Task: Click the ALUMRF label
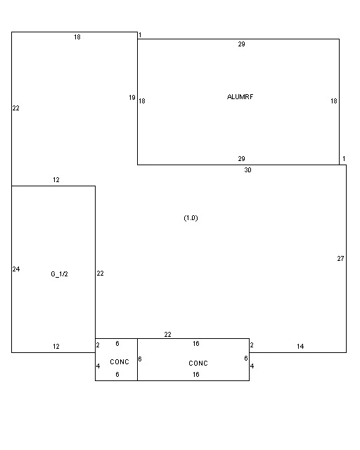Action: [240, 97]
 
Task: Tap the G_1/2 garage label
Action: [60, 274]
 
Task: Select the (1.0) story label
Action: [191, 218]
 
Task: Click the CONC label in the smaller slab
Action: [120, 362]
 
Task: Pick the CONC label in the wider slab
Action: [198, 364]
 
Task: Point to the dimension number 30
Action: [247, 170]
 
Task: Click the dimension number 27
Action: [340, 259]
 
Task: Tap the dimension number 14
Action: [300, 347]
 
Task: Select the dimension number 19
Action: [132, 98]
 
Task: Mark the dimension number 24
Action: [16, 269]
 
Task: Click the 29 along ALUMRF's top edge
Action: [241, 44]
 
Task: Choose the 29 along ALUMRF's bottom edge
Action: [241, 158]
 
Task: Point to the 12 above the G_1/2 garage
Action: [56, 180]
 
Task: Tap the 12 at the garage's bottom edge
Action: [56, 347]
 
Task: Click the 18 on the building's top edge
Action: [77, 37]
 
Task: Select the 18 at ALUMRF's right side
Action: [333, 101]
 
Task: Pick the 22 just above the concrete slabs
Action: [167, 335]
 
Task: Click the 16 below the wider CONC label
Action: [196, 374]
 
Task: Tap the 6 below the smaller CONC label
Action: [117, 374]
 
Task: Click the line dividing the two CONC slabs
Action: [138, 359]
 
